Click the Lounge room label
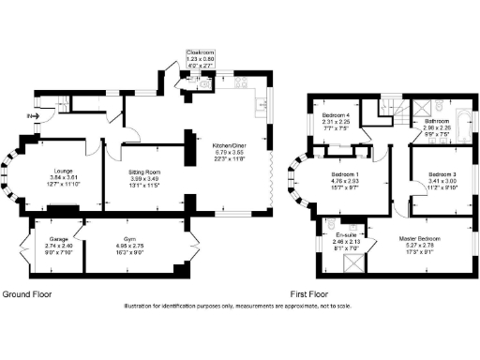pos(63,171)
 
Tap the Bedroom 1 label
pos(345,174)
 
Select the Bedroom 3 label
pos(442,174)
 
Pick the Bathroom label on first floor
pos(437,121)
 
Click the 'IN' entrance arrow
pos(29,115)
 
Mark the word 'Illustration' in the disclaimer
pos(138,306)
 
